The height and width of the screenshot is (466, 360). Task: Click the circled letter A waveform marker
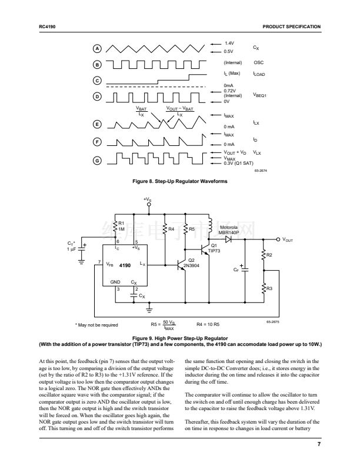(x=98, y=48)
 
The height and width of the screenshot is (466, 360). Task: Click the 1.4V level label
(x=229, y=44)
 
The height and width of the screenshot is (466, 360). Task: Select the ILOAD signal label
(x=259, y=75)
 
